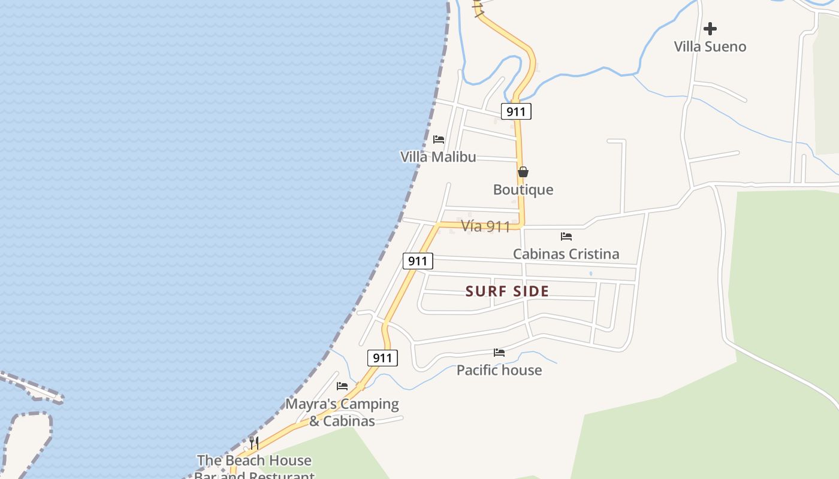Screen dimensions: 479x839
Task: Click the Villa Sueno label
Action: click(x=710, y=47)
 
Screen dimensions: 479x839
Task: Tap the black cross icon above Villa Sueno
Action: click(x=710, y=28)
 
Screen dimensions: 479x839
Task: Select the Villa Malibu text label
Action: click(x=438, y=157)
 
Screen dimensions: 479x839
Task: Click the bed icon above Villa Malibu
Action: click(x=439, y=140)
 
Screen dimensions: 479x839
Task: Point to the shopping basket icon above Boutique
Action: click(x=523, y=172)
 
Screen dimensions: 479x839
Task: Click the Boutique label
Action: click(x=523, y=190)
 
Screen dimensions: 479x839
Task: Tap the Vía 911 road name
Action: click(x=485, y=226)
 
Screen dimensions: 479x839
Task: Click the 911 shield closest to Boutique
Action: click(x=516, y=111)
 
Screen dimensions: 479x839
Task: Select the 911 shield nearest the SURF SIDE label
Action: click(x=418, y=261)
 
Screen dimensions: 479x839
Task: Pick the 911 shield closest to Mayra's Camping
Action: click(x=382, y=358)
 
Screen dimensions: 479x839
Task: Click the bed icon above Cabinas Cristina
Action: click(x=566, y=237)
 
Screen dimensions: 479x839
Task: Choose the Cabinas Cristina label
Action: click(x=566, y=254)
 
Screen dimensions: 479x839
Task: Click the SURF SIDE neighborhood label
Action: click(x=508, y=292)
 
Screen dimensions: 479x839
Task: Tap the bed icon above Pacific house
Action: click(x=499, y=353)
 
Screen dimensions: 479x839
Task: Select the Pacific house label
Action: click(x=499, y=370)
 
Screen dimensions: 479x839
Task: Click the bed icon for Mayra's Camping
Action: click(x=342, y=386)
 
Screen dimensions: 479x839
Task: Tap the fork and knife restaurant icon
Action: click(x=254, y=443)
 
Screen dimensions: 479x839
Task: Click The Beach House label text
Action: click(x=254, y=460)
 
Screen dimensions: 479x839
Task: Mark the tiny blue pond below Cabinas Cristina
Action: click(x=591, y=274)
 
